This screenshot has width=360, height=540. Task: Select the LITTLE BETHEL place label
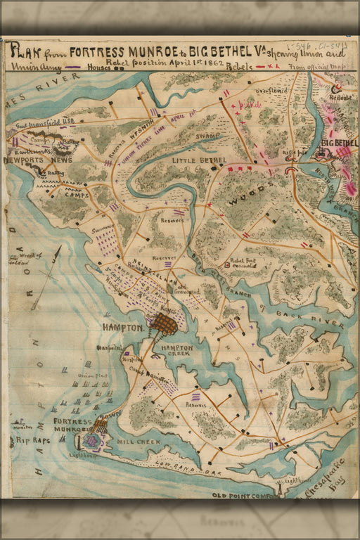click(199, 161)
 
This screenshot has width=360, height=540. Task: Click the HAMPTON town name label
click(122, 328)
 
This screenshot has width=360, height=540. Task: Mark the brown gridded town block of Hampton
click(165, 324)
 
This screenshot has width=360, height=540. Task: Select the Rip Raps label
click(27, 441)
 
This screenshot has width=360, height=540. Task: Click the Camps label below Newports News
click(77, 194)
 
